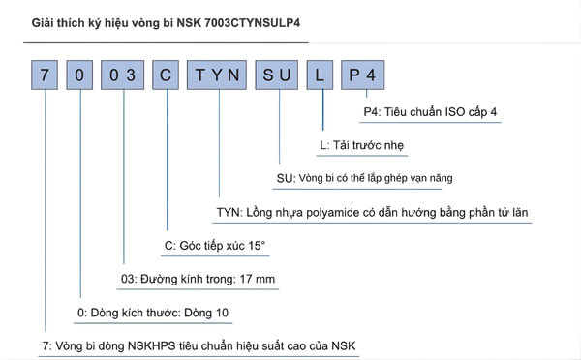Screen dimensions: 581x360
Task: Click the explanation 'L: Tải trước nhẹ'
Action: click(360, 146)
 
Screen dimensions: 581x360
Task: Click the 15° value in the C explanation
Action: click(254, 246)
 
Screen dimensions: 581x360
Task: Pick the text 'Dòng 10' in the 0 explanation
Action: click(208, 314)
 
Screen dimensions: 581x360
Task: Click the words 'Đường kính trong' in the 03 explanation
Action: click(191, 280)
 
